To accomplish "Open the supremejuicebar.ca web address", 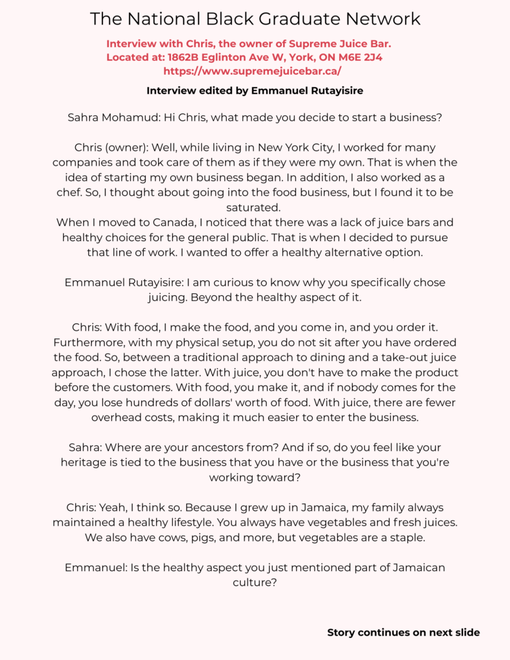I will pos(253,71).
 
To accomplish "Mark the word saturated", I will pos(255,207).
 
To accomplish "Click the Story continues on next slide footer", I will pos(403,632).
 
